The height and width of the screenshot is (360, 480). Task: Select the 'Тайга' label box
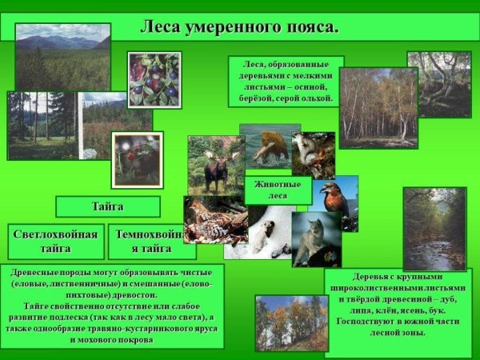click(x=108, y=206)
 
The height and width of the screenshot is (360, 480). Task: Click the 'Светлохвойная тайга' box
click(x=57, y=241)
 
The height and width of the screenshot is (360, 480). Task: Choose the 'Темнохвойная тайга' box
click(x=150, y=241)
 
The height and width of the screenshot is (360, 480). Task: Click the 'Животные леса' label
click(x=278, y=190)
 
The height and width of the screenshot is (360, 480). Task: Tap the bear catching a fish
click(x=270, y=146)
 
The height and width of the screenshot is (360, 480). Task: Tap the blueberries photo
click(x=154, y=80)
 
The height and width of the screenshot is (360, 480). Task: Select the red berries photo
click(x=137, y=159)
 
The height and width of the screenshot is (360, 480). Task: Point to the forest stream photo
click(x=434, y=229)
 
